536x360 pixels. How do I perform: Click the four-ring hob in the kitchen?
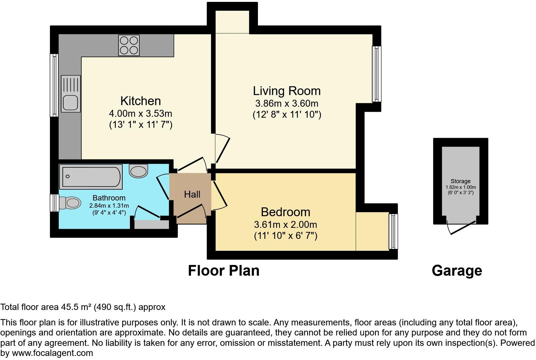pyautogui.click(x=129, y=46)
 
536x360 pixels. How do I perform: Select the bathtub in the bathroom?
pyautogui.click(x=91, y=177)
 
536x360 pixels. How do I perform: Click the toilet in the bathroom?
pyautogui.click(x=70, y=203)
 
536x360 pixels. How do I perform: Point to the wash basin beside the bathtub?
pyautogui.click(x=138, y=171)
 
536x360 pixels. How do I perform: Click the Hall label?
pyautogui.click(x=192, y=194)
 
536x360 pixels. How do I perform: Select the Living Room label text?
pyautogui.click(x=287, y=91)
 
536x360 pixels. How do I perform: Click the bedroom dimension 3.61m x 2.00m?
pyautogui.click(x=285, y=224)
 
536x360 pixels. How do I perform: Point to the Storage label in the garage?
pyautogui.click(x=461, y=181)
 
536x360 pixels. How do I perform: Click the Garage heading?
pyautogui.click(x=457, y=270)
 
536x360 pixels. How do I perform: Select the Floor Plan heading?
pyautogui.click(x=224, y=270)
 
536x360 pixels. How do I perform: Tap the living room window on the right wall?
pyautogui.click(x=377, y=74)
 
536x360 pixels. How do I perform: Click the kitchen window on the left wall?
pyautogui.click(x=54, y=85)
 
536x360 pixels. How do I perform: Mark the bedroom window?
pyautogui.click(x=393, y=231)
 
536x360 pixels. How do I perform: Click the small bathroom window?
pyautogui.click(x=54, y=203)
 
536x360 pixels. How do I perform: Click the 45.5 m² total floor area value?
pyautogui.click(x=76, y=307)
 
